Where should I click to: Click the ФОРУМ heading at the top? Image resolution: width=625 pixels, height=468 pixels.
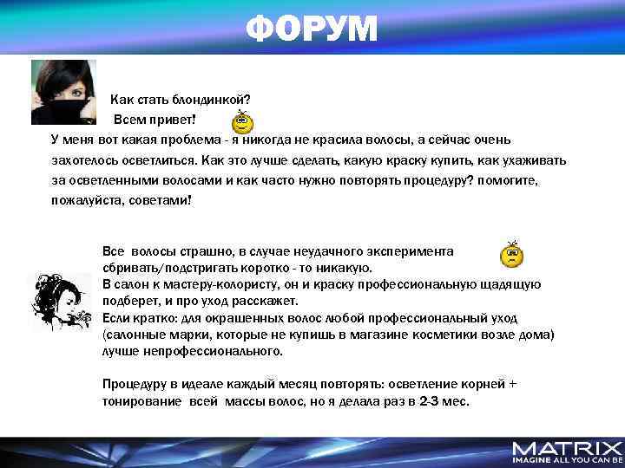pos(312,29)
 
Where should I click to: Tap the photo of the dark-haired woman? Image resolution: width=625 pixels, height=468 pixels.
pos(63,92)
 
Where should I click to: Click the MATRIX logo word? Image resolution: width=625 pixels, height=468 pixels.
pos(567,448)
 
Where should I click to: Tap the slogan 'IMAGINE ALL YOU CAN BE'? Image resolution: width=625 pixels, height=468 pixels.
pos(567,460)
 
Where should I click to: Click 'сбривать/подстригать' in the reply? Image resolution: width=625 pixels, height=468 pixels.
pos(168,267)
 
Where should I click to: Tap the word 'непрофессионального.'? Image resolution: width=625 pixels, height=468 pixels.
pos(208,351)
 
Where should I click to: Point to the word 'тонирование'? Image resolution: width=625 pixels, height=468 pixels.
pos(141,401)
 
